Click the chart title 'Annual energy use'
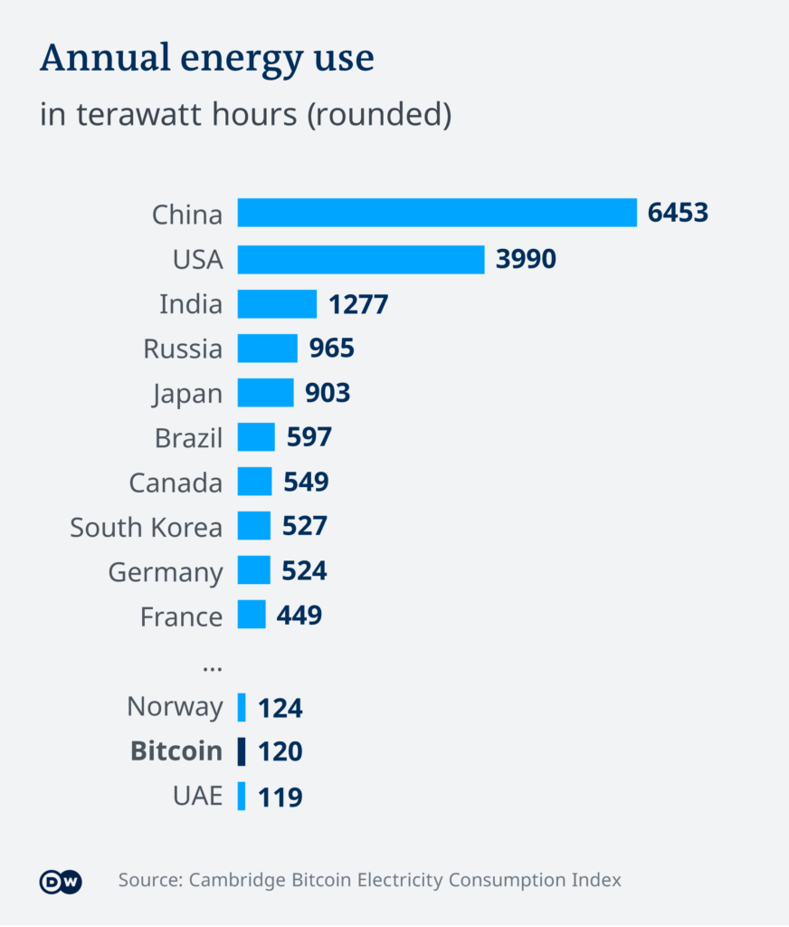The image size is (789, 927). pyautogui.click(x=206, y=59)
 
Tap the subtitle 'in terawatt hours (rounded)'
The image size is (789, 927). pyautogui.click(x=244, y=115)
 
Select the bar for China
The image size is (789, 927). pyautogui.click(x=437, y=214)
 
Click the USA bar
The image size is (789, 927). pyautogui.click(x=361, y=259)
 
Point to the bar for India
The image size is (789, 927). pyautogui.click(x=277, y=304)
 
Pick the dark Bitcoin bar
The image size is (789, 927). pyautogui.click(x=242, y=751)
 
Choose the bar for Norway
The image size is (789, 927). pyautogui.click(x=242, y=707)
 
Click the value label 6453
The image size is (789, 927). pyautogui.click(x=678, y=214)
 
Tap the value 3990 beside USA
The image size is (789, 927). pyautogui.click(x=526, y=259)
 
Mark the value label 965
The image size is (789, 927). pyautogui.click(x=332, y=349)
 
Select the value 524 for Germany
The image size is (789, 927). pyautogui.click(x=304, y=571)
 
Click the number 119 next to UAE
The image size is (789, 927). pyautogui.click(x=280, y=797)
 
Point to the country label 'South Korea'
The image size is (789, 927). pyautogui.click(x=146, y=527)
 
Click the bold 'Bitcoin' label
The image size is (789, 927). pyautogui.click(x=176, y=751)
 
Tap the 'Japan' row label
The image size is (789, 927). pyautogui.click(x=187, y=394)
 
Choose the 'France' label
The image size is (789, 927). pyautogui.click(x=181, y=616)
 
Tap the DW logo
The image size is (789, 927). pyautogui.click(x=61, y=882)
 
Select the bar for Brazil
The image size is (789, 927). pyautogui.click(x=256, y=437)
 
